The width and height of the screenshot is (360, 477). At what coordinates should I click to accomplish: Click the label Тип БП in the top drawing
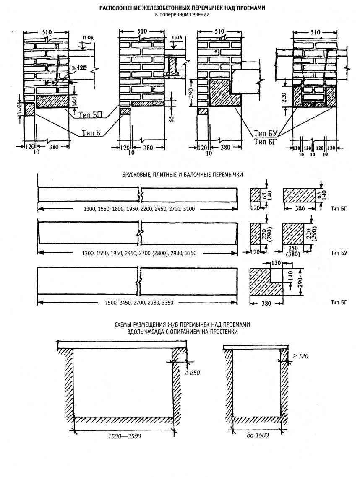89,114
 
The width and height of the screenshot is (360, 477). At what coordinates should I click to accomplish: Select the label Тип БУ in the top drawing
264,133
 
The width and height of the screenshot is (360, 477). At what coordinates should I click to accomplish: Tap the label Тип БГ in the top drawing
264,141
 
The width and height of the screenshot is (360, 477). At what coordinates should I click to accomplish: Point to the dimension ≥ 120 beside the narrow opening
300,356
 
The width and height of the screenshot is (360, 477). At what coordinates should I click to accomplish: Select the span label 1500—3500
124,436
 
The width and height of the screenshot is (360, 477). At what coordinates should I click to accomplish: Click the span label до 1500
257,435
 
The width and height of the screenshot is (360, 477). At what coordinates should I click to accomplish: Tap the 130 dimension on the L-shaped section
276,263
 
